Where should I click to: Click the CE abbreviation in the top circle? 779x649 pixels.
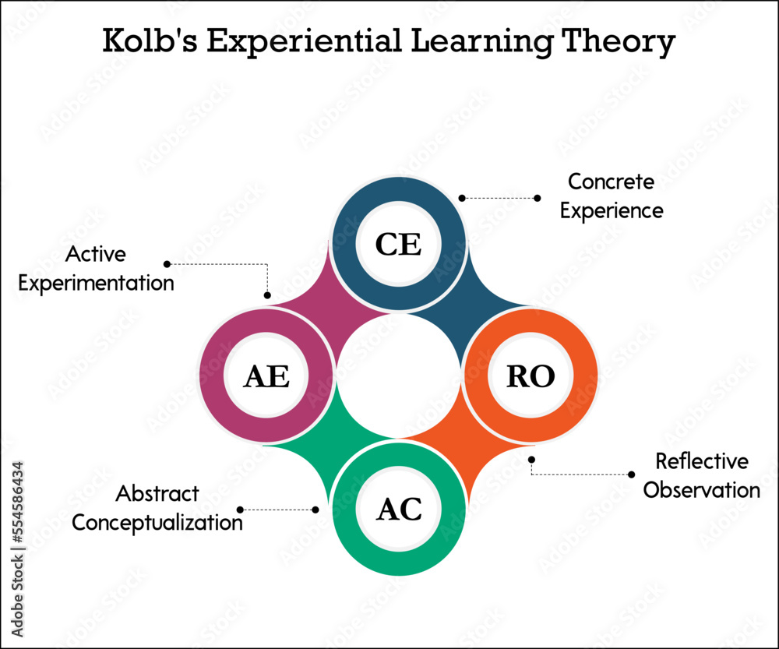(398, 245)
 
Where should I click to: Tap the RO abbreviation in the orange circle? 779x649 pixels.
(530, 376)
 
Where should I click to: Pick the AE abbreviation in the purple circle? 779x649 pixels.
(266, 376)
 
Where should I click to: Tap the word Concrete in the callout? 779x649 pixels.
(611, 182)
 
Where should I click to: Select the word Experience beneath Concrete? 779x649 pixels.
(612, 210)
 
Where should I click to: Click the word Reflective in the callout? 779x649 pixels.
(701, 461)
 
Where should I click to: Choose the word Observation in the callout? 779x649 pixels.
(701, 490)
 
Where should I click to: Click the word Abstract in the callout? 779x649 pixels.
(157, 493)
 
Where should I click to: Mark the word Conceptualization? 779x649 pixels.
(157, 522)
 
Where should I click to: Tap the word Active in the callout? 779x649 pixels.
(95, 254)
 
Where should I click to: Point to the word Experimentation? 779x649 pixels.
(96, 283)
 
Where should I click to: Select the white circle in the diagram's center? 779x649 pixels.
(398, 376)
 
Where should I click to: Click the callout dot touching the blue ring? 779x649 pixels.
(462, 198)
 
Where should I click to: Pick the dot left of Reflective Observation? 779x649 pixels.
(631, 474)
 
